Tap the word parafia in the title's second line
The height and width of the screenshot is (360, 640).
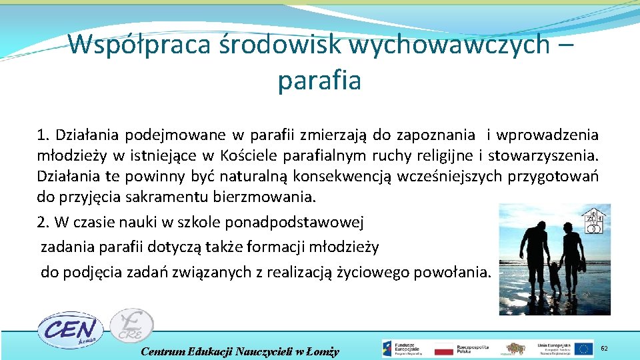319,81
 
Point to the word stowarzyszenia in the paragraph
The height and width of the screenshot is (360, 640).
543,157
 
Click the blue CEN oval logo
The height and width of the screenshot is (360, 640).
69,329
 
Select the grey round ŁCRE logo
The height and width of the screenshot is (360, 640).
132,325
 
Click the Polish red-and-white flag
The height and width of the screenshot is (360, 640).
443,349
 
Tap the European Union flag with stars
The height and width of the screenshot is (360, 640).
584,349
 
